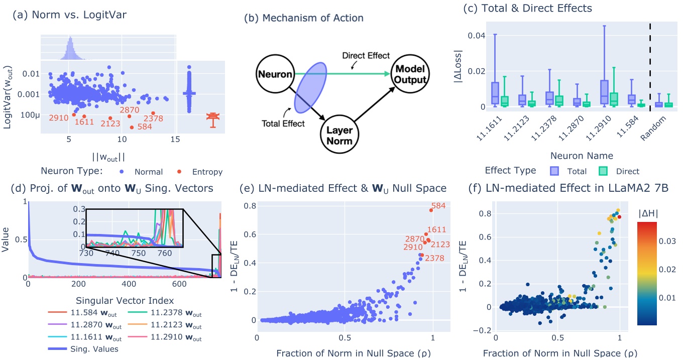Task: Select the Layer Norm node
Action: click(x=339, y=133)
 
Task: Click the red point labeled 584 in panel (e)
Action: click(x=431, y=210)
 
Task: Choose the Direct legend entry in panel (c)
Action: click(x=617, y=171)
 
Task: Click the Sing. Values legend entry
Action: click(x=95, y=349)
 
